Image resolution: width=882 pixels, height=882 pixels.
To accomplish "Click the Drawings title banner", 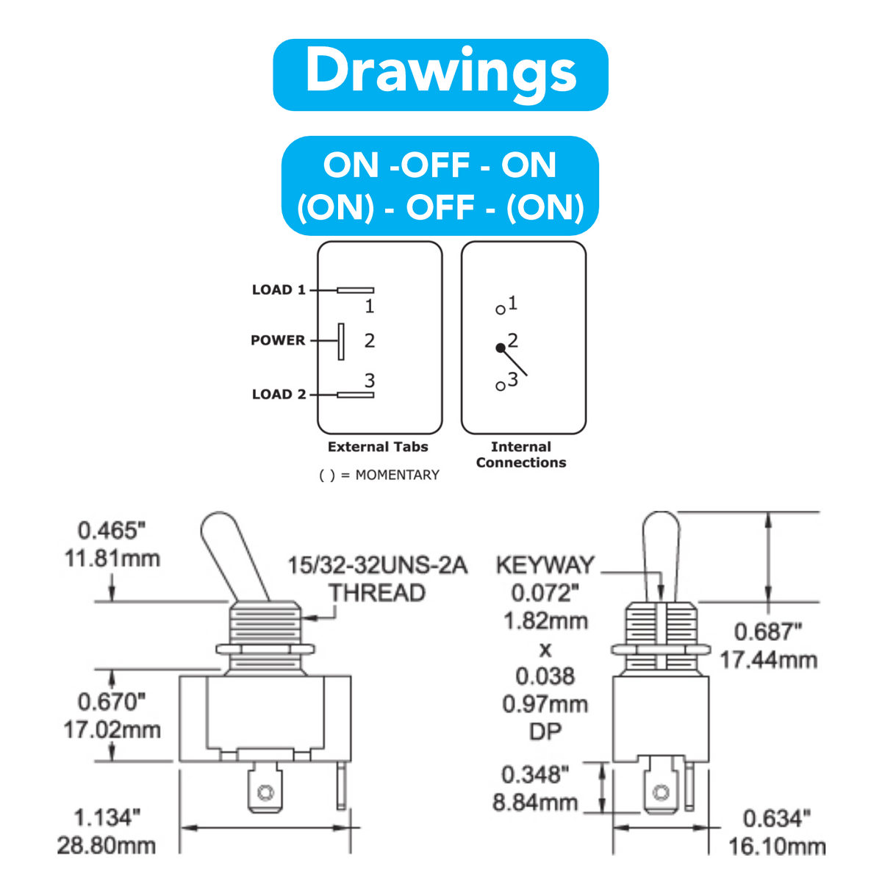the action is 440,75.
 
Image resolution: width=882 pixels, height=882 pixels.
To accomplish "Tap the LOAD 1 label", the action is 279,290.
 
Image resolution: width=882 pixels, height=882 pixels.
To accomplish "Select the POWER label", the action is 278,340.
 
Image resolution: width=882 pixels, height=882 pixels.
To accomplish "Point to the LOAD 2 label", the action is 279,394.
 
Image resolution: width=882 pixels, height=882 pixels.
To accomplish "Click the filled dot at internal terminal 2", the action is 501,348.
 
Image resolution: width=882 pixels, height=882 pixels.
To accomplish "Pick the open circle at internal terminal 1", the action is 501,310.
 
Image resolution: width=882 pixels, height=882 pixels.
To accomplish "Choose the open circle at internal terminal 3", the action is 501,387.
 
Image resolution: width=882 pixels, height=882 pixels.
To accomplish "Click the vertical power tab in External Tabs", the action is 341,342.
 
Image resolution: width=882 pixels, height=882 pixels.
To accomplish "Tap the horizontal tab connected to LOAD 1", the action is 356,290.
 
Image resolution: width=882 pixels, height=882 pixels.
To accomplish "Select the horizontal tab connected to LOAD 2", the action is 356,395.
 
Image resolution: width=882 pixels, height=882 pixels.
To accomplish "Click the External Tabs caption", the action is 378,447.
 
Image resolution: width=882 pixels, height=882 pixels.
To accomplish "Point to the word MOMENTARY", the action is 398,475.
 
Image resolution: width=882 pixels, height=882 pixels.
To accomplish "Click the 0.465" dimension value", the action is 111,531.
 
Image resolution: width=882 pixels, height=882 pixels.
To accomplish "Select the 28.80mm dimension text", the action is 106,845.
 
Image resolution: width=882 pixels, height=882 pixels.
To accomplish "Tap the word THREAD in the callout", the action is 377,592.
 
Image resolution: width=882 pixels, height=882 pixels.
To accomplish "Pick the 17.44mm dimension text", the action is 769,660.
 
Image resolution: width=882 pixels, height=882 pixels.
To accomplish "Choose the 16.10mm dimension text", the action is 777,846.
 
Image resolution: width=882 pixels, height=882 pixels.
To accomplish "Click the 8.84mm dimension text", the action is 535,803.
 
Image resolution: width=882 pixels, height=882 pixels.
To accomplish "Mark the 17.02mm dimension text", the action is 112,730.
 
